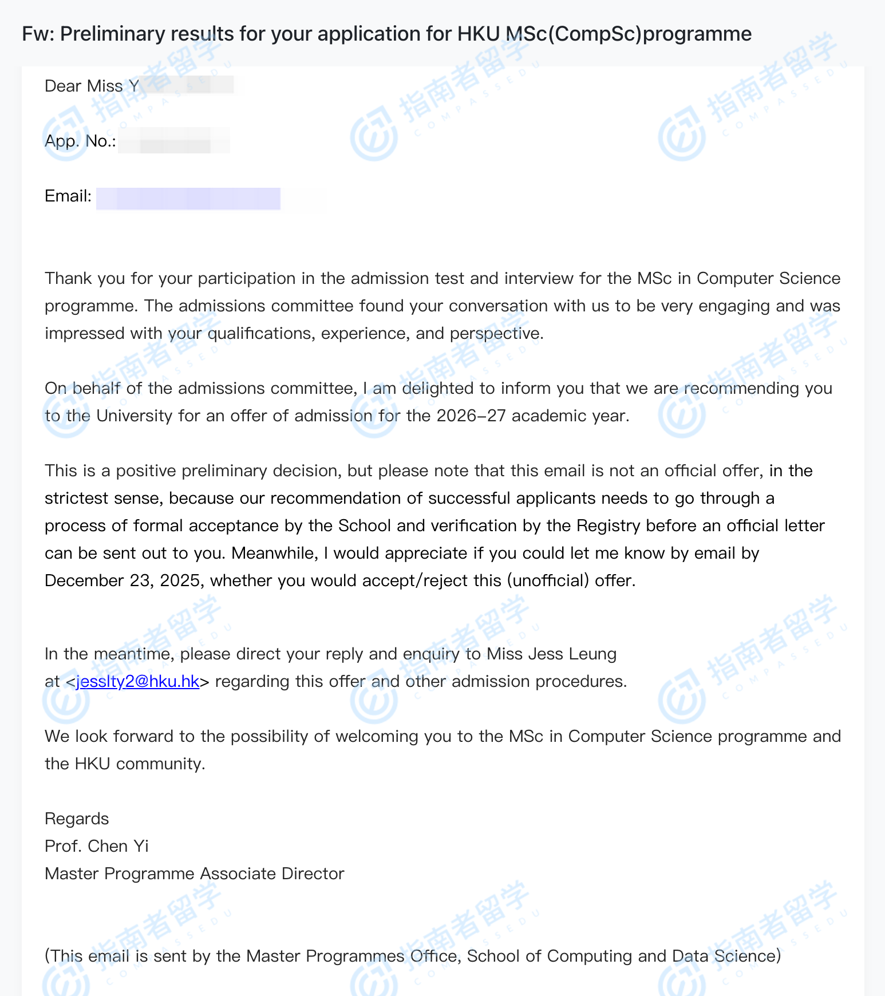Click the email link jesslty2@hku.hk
137,682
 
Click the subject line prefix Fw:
38,34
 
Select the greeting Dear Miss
84,86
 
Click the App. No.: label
81,141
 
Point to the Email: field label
68,196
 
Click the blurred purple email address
188,199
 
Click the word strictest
75,499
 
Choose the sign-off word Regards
77,819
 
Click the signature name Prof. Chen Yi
97,847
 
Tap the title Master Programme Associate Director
195,874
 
